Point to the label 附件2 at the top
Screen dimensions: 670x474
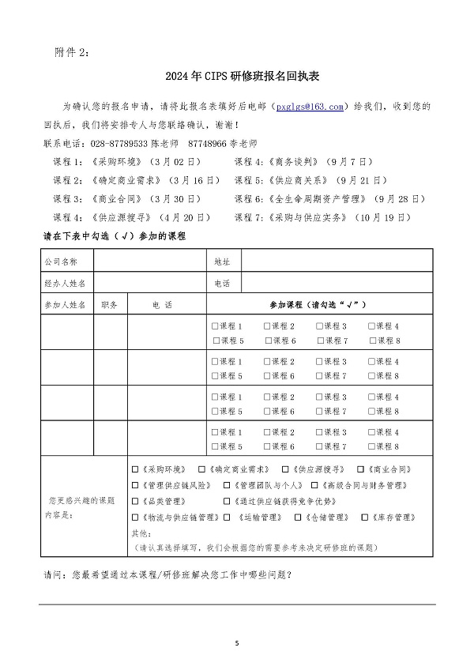73,52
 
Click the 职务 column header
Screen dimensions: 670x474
109,304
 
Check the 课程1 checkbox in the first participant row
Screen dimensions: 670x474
215,326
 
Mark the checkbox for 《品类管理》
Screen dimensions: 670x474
135,501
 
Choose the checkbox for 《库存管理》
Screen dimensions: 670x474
364,518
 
